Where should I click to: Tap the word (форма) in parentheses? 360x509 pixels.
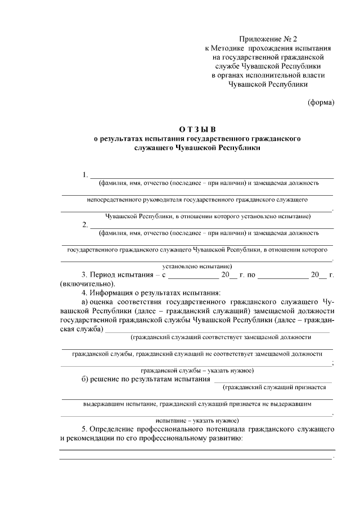click(x=321, y=102)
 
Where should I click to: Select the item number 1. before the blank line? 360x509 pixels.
click(x=85, y=174)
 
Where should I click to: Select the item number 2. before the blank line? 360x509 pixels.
click(x=85, y=225)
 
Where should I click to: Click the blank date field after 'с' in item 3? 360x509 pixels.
click(x=193, y=276)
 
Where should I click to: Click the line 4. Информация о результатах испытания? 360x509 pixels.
click(x=151, y=293)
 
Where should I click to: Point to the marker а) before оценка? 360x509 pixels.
click(x=85, y=302)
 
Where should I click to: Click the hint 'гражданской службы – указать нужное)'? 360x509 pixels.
click(x=197, y=371)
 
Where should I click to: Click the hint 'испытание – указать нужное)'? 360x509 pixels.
click(x=197, y=420)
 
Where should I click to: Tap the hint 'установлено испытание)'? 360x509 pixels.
click(x=197, y=265)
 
